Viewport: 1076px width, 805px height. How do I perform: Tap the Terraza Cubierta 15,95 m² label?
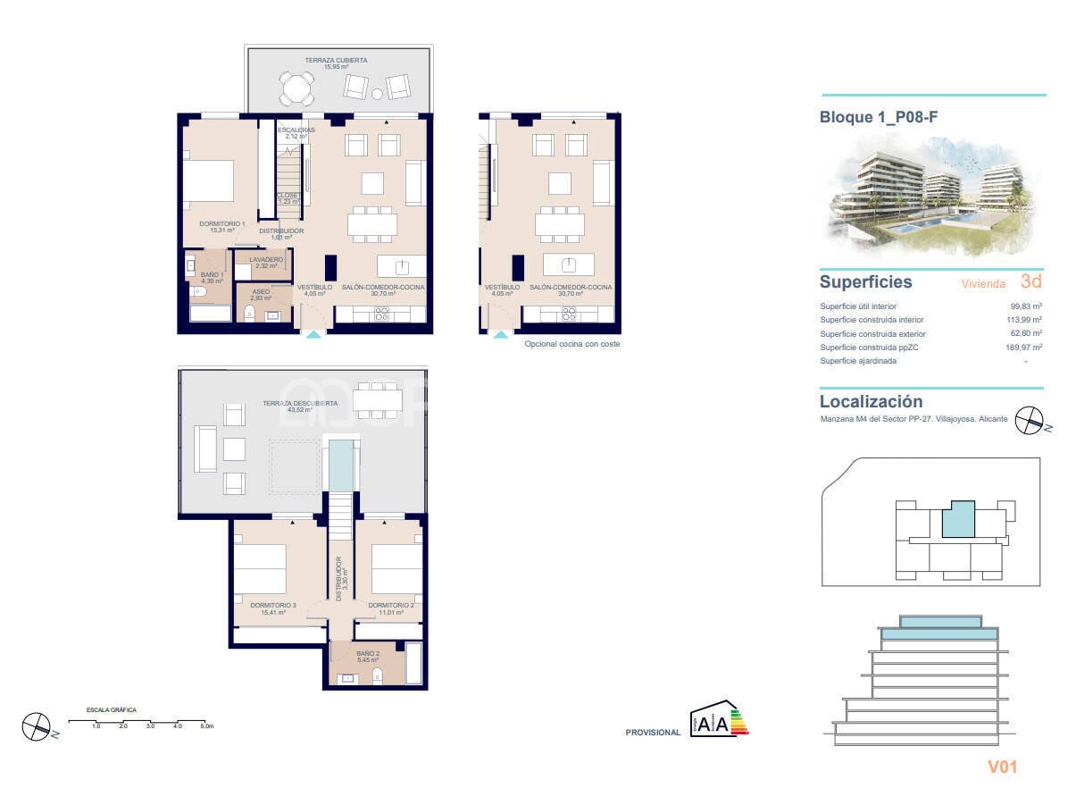tap(336, 63)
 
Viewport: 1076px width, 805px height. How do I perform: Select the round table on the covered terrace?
tap(296, 88)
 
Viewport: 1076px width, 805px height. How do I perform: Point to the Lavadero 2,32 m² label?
tap(266, 263)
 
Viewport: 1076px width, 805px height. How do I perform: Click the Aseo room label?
tap(260, 295)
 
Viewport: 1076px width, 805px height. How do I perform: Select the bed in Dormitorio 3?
tap(260, 569)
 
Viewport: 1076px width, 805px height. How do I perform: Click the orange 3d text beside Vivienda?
tap(1030, 282)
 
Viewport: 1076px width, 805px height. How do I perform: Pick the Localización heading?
tap(871, 402)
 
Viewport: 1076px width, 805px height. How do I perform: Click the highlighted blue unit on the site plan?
tap(957, 519)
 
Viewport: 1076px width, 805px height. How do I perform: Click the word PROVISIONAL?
tap(653, 733)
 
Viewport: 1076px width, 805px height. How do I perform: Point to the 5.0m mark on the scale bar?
tap(206, 726)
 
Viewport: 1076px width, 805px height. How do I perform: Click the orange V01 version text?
tap(1002, 767)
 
